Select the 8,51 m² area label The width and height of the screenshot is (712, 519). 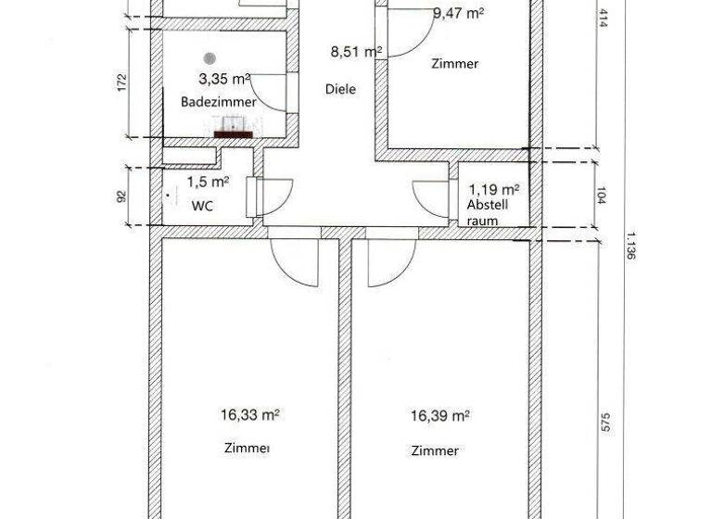357,53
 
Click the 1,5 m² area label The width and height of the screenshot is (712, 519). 209,183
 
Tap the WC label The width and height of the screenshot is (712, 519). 202,206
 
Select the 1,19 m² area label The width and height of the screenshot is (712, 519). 493,188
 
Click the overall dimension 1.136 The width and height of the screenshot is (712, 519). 630,246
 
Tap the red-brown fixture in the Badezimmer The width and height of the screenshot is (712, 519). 235,133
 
